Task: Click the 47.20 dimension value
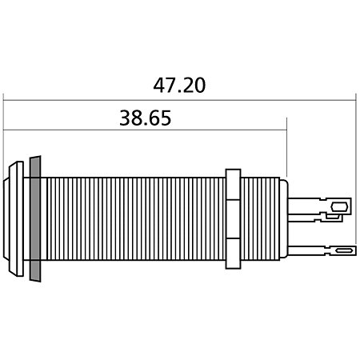(179, 86)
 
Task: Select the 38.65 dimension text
(146, 118)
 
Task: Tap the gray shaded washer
(35, 218)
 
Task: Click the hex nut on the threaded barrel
(233, 218)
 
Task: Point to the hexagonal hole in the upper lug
(339, 206)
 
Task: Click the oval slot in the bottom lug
(344, 250)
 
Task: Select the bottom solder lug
(322, 250)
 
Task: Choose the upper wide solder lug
(320, 206)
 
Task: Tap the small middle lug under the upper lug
(315, 218)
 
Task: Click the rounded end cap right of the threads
(284, 218)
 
